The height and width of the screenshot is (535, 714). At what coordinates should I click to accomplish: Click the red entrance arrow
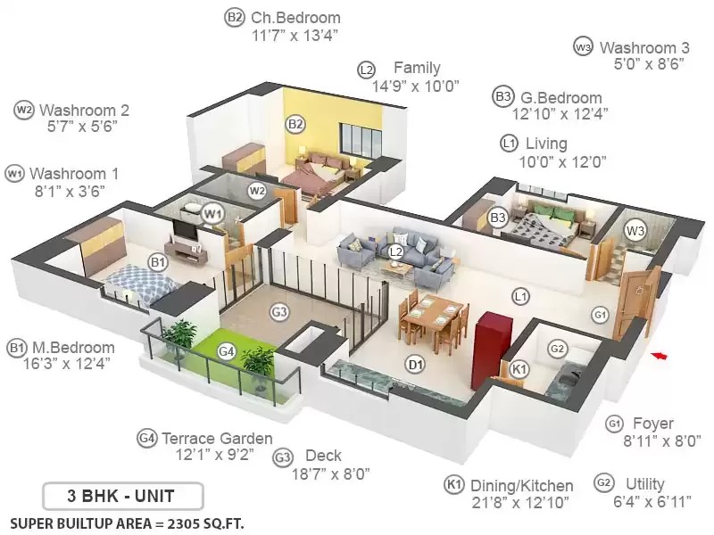[659, 355]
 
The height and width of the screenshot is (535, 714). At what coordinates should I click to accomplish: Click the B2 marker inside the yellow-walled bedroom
[295, 124]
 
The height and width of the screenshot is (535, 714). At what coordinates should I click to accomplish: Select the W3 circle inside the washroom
[635, 231]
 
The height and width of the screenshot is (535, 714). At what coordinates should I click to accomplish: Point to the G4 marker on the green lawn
[227, 351]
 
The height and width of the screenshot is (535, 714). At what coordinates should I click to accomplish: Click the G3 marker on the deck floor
[279, 312]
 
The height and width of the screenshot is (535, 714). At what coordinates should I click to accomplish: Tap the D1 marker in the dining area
[415, 365]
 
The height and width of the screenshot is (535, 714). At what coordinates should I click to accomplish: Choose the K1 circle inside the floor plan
[519, 368]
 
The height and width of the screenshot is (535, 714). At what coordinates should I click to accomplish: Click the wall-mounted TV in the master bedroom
[185, 230]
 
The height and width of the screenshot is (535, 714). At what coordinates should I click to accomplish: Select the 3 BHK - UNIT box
[122, 496]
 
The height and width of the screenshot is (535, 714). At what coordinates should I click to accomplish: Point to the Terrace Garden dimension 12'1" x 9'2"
[215, 455]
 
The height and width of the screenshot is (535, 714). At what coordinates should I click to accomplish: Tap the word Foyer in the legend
[653, 424]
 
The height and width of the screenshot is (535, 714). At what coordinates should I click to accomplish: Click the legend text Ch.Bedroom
[295, 18]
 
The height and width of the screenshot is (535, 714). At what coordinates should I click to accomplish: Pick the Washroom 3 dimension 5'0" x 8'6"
[650, 64]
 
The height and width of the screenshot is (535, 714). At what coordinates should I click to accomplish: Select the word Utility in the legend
[645, 483]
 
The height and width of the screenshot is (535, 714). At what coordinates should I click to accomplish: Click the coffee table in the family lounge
[395, 268]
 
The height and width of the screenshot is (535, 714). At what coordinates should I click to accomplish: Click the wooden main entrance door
[636, 301]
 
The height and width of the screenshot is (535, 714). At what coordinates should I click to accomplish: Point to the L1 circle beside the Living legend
[509, 144]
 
